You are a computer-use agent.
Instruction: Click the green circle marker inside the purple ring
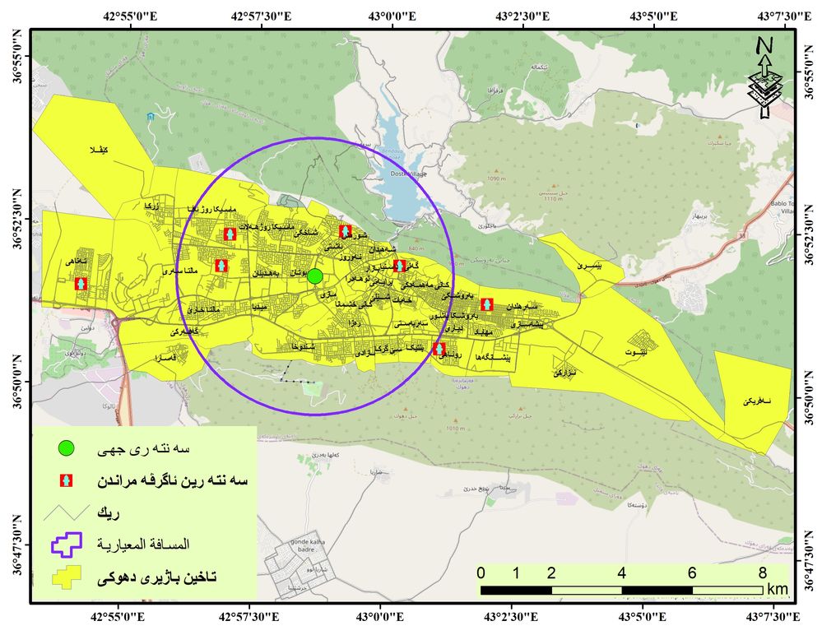(314, 276)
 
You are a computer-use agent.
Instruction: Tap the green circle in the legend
(67, 448)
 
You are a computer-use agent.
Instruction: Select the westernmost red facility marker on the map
(81, 284)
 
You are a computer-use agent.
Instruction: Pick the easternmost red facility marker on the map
(487, 304)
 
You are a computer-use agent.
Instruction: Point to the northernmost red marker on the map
(346, 231)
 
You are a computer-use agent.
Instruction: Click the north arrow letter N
(764, 45)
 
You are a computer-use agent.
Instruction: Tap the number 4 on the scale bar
(621, 572)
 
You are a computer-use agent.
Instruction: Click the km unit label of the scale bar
(777, 589)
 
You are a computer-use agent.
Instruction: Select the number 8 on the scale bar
(762, 572)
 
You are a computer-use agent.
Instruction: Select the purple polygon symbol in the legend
(67, 544)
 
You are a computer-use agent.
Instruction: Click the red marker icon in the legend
(67, 480)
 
